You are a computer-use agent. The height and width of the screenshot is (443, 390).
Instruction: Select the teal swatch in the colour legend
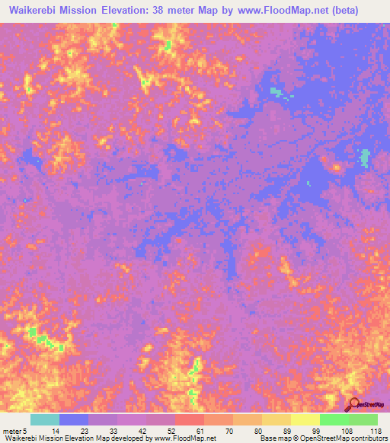(x=44, y=419)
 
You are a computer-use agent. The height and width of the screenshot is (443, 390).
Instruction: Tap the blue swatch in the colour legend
(x=73, y=419)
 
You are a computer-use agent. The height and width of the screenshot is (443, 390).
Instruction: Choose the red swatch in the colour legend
(x=189, y=419)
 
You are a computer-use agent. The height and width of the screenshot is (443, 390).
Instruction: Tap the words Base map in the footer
(x=267, y=438)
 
